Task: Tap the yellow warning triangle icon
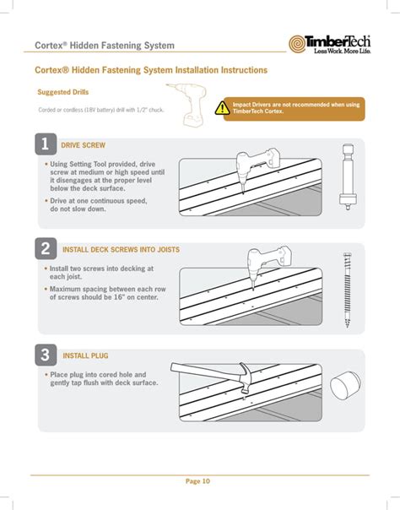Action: click(x=221, y=107)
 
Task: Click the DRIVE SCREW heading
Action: click(x=84, y=145)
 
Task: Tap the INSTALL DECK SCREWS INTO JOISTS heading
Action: click(x=121, y=250)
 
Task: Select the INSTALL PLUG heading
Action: click(x=85, y=355)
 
